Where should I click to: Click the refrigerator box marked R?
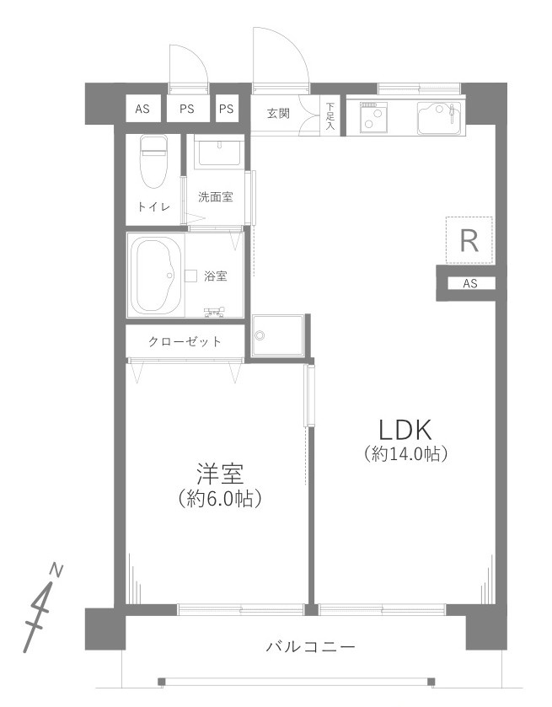(469, 242)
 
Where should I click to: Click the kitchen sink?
(439, 117)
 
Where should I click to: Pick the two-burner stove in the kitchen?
(372, 117)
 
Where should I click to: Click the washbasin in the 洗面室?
(218, 153)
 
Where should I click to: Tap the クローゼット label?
(185, 342)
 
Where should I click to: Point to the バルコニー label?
(311, 647)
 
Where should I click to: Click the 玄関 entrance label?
(278, 113)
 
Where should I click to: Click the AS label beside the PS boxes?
(142, 109)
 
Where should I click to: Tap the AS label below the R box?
(469, 284)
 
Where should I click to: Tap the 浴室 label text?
(215, 276)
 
